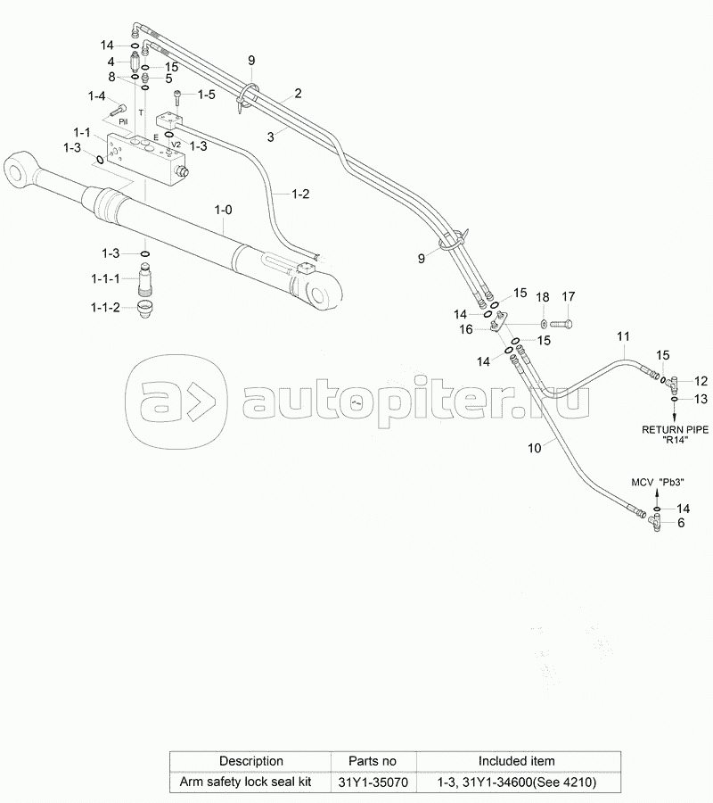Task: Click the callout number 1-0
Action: tap(223, 209)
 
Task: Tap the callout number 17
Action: tap(568, 297)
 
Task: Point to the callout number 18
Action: tap(543, 297)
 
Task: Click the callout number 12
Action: tap(701, 380)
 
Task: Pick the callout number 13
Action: tap(701, 398)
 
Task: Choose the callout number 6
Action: tap(681, 524)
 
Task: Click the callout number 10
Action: tap(534, 449)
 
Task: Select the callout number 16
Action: tap(466, 330)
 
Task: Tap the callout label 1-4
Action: tap(95, 96)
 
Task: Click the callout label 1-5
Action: tap(206, 94)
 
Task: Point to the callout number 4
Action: tap(111, 62)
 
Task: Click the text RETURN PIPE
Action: tap(676, 429)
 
